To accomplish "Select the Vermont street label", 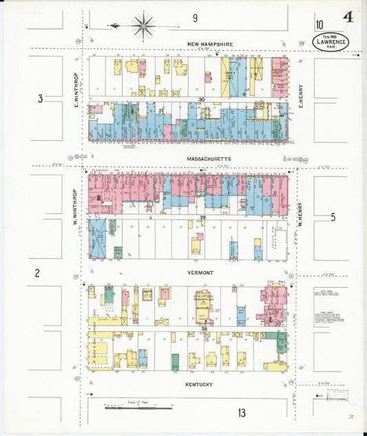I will coord(201,272).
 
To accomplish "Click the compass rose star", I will coord(143,26).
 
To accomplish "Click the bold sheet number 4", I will coord(348,17).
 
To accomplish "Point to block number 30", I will coord(202,100).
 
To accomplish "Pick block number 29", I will coord(202,218).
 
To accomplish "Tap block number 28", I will coord(204,330).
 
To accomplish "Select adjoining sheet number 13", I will coord(242,413).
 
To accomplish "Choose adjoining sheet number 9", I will coord(195,18).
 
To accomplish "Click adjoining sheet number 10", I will coord(319,26).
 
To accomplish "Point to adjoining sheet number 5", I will coord(333,217).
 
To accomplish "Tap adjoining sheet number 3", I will coord(40,99).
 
